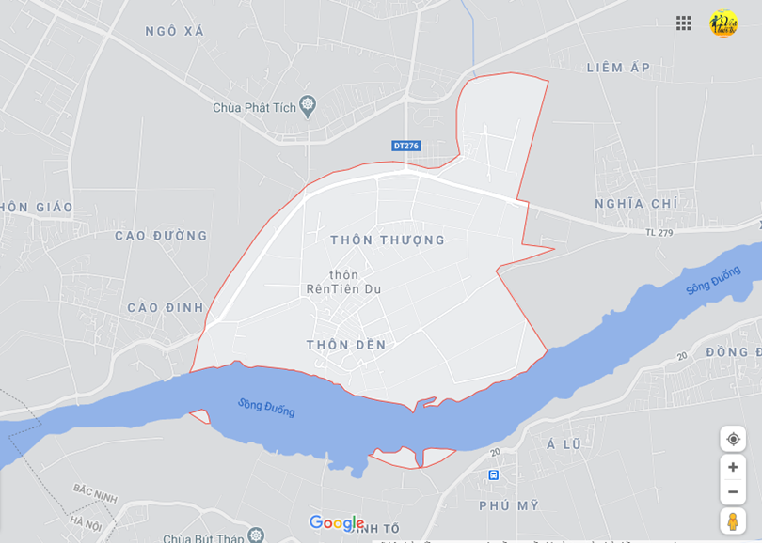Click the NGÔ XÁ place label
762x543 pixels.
click(174, 31)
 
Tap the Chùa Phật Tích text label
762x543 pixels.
click(254, 107)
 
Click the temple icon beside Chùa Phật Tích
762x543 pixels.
click(308, 104)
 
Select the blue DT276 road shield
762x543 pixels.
click(406, 146)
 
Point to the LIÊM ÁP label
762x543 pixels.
click(618, 68)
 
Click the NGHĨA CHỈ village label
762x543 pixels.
click(636, 203)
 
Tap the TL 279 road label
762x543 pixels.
click(659, 232)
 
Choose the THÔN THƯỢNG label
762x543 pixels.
click(388, 240)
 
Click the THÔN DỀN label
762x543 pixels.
click(346, 345)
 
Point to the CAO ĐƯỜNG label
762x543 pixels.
click(161, 236)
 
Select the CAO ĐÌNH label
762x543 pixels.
click(166, 307)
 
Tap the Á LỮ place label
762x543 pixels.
click(564, 443)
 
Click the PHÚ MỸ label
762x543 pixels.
click(509, 505)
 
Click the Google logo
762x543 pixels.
click(336, 522)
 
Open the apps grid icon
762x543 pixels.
click(684, 23)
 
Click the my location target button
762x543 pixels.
click(733, 439)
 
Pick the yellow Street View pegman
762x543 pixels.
click(733, 520)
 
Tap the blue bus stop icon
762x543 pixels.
click(494, 475)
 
